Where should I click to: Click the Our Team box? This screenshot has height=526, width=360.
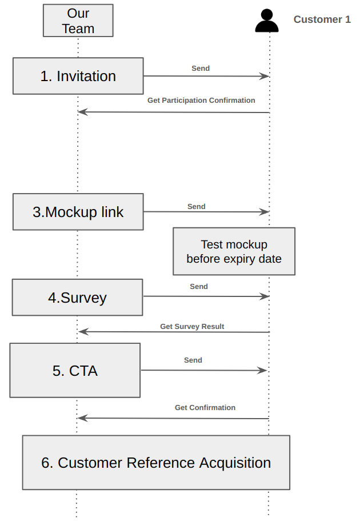coord(78,21)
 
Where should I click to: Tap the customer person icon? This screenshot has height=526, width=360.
coord(267,21)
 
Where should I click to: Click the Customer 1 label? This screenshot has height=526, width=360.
coord(322,19)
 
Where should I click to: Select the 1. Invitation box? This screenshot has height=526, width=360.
coord(78,76)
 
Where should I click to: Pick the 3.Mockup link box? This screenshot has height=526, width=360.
coord(78,212)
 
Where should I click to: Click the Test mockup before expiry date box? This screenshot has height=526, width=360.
coord(234,252)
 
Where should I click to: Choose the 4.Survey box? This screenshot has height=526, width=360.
coord(78,297)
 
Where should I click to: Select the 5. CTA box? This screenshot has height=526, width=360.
coord(75,370)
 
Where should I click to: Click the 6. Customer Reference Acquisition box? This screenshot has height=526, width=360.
coord(156,463)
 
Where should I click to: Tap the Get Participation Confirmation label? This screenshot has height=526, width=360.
coord(201,101)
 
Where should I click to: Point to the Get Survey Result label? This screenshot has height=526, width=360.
coord(192,327)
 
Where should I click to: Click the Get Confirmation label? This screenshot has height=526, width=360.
coord(205,408)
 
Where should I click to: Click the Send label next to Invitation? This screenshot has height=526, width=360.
coord(201,69)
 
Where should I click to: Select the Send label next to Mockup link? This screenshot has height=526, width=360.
coord(196,207)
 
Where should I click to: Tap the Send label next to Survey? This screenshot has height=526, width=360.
coord(199,287)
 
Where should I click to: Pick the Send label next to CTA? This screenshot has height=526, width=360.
coord(193,360)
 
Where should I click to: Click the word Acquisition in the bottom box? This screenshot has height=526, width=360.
coord(235,463)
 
